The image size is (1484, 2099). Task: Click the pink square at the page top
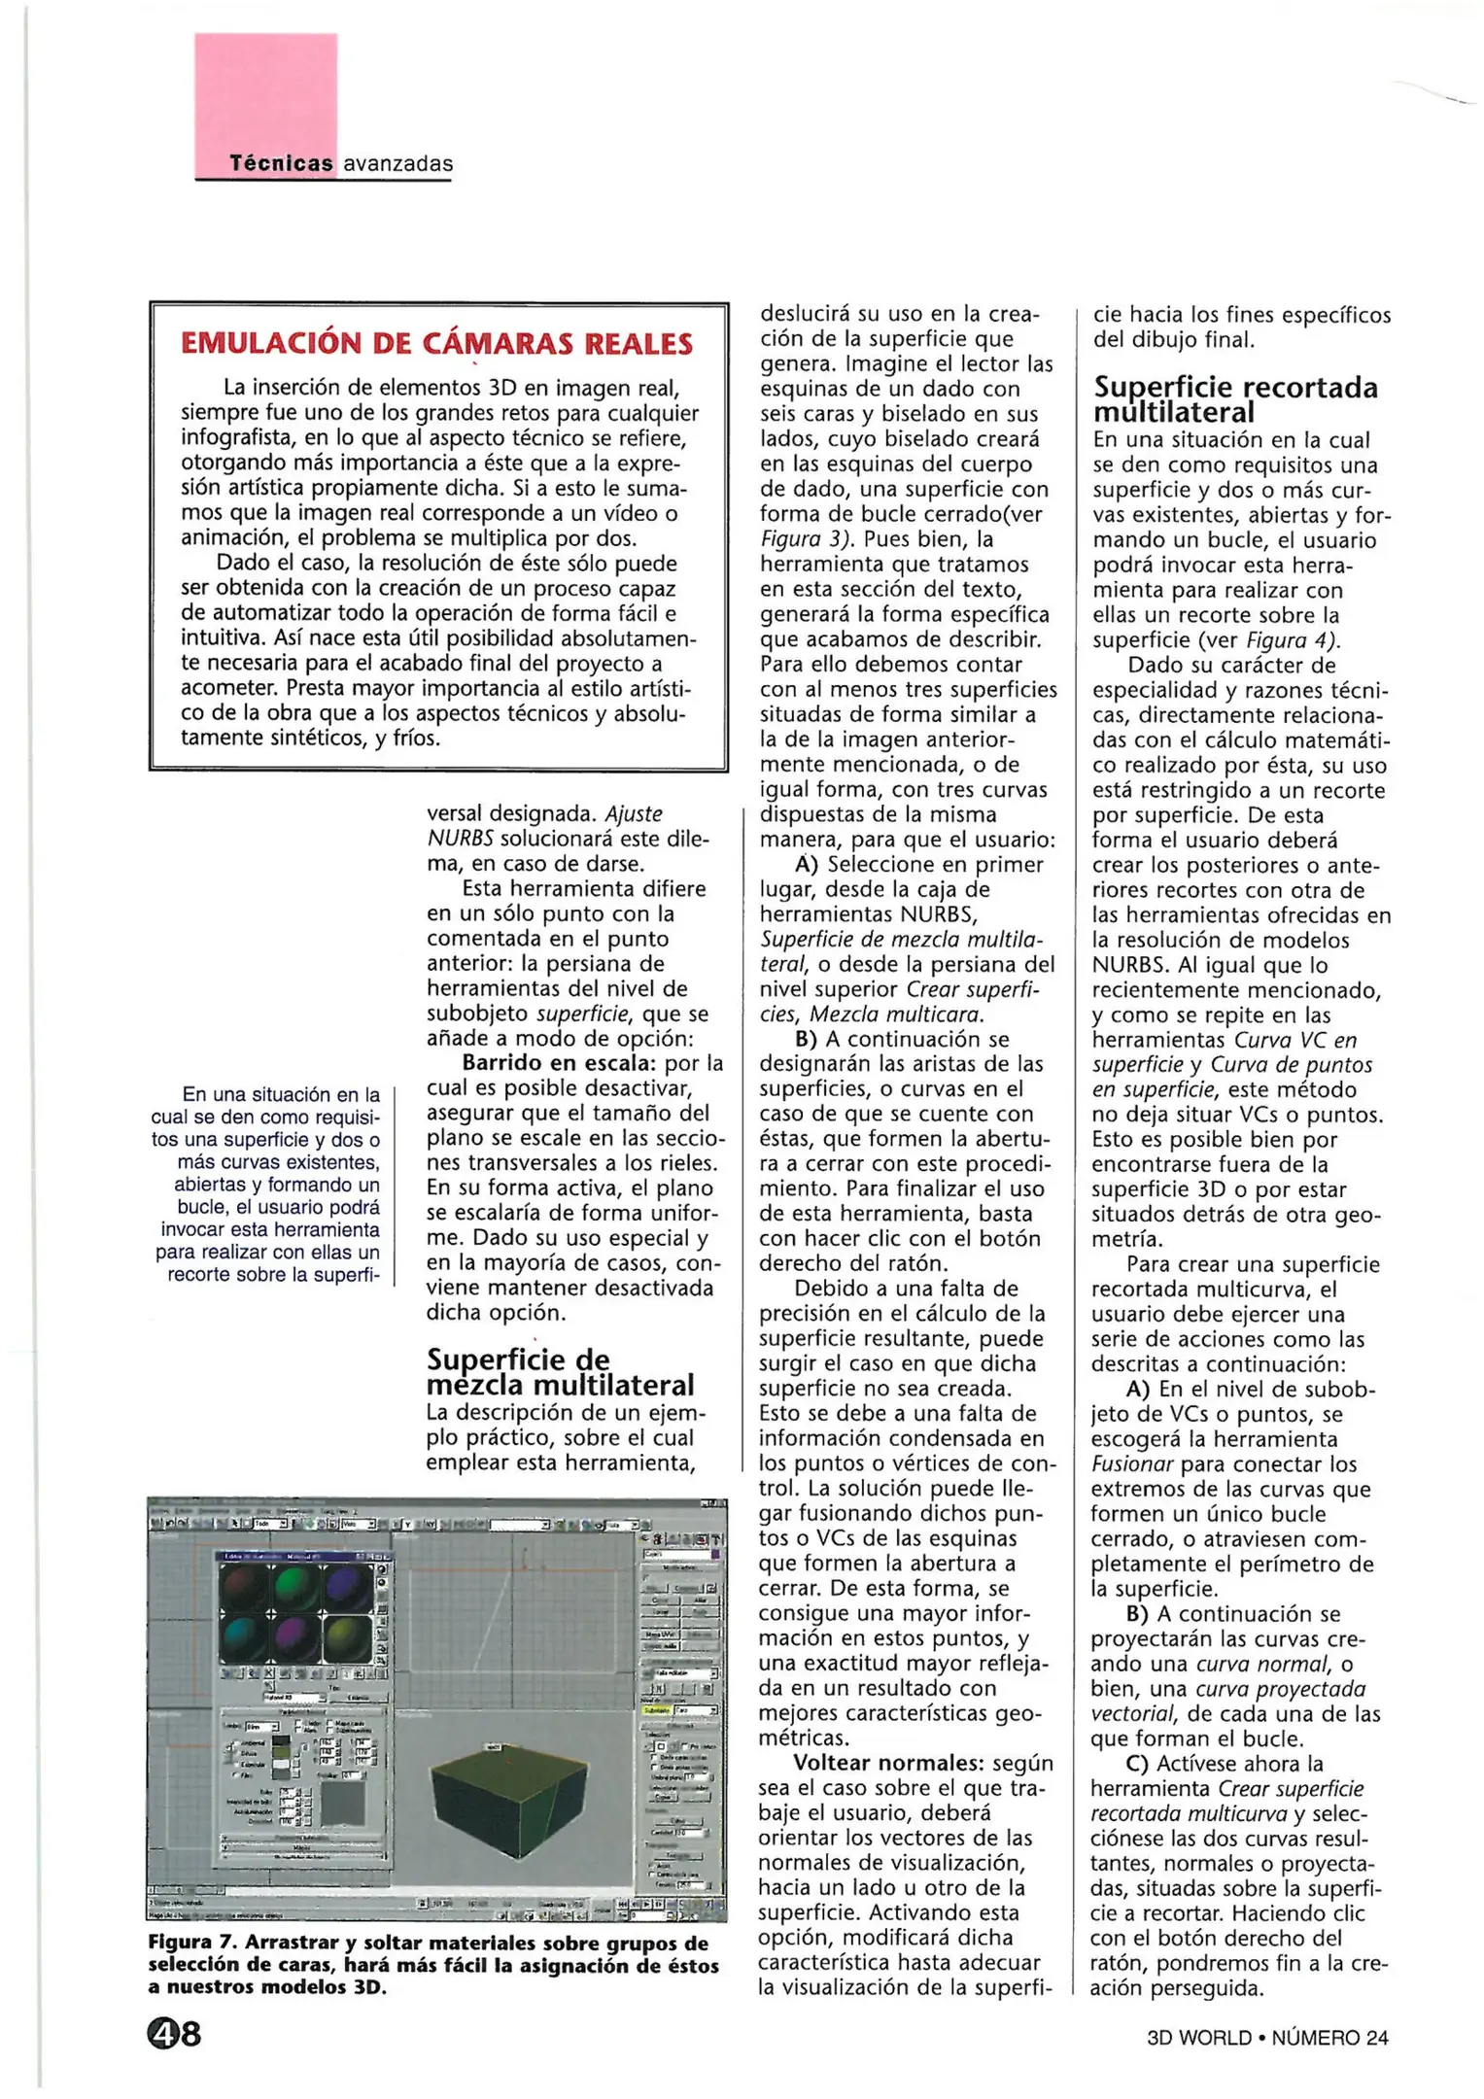pos(265,92)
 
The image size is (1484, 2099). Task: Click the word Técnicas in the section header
pos(280,164)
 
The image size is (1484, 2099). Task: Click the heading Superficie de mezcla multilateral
pos(560,1371)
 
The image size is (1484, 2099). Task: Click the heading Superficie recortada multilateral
pos(1234,399)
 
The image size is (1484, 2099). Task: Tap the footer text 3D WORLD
pos(1198,2038)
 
